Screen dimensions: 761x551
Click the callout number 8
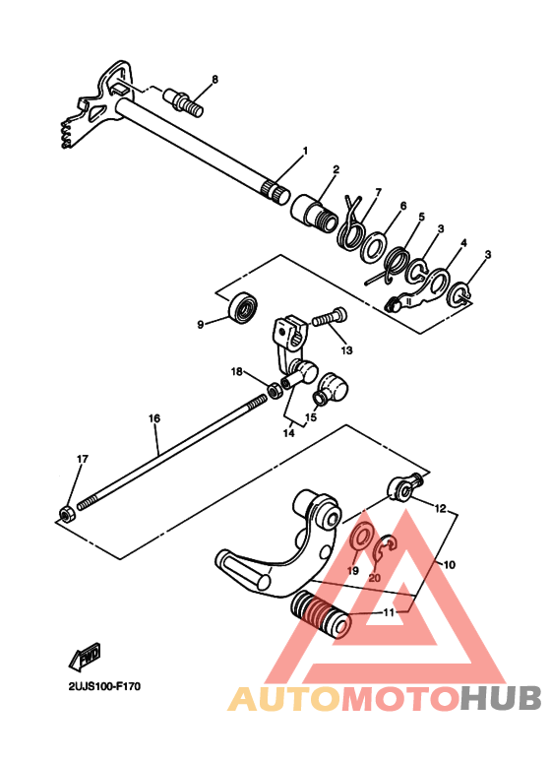215,79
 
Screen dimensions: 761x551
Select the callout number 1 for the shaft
305,151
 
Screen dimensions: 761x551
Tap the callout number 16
154,418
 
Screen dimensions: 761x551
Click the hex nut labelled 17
64,512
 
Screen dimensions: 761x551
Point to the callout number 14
287,430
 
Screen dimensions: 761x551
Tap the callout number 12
440,510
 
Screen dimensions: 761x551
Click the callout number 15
311,417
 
